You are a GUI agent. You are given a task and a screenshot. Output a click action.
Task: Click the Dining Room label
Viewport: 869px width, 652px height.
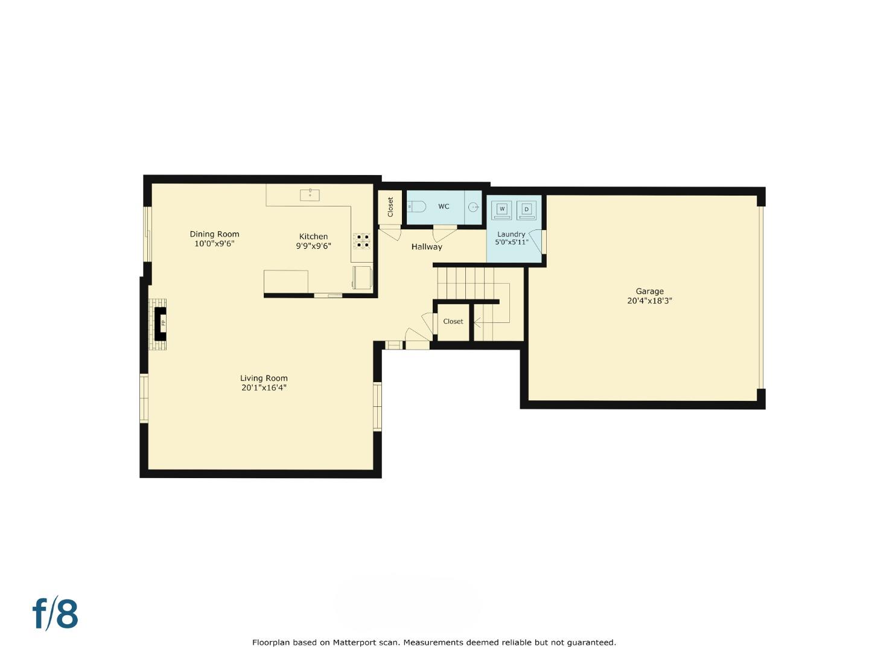coord(214,234)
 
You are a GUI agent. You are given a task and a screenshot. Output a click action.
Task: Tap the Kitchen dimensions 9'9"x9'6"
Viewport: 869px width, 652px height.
coord(313,246)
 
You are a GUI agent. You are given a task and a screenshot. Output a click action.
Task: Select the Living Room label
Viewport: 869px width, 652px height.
coord(264,378)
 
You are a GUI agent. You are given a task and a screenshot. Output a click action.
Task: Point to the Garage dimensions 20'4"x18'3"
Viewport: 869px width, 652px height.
coord(649,301)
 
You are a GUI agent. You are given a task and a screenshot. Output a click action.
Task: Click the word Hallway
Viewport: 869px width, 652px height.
coord(427,247)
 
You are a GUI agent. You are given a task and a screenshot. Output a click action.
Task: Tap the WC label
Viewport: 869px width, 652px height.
coord(444,206)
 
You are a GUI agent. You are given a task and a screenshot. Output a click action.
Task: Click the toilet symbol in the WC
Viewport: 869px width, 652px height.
coord(416,206)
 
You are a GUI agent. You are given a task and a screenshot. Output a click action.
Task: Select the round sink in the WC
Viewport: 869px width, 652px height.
coord(474,207)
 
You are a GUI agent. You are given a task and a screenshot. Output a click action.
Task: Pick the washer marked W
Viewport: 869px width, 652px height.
coord(501,209)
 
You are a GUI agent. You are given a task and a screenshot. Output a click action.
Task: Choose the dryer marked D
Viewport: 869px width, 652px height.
coord(527,209)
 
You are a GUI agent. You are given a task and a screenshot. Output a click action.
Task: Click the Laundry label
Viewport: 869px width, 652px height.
coord(511,234)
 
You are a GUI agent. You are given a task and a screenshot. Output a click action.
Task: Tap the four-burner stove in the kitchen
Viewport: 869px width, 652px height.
coord(362,241)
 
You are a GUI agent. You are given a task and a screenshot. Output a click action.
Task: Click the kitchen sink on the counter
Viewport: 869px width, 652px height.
coord(310,195)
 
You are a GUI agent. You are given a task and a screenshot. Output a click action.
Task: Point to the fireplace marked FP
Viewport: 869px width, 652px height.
coord(160,324)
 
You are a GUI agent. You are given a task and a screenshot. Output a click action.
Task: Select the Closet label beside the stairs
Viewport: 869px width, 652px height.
coord(453,321)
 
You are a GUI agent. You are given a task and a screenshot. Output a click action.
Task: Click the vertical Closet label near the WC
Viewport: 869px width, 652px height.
coord(390,207)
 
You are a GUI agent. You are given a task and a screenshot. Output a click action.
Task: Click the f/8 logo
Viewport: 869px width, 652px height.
coord(55,613)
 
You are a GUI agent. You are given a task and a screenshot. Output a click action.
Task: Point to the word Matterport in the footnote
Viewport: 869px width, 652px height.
coord(351,642)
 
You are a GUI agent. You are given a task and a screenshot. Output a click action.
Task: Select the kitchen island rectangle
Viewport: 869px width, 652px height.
coord(286,281)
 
